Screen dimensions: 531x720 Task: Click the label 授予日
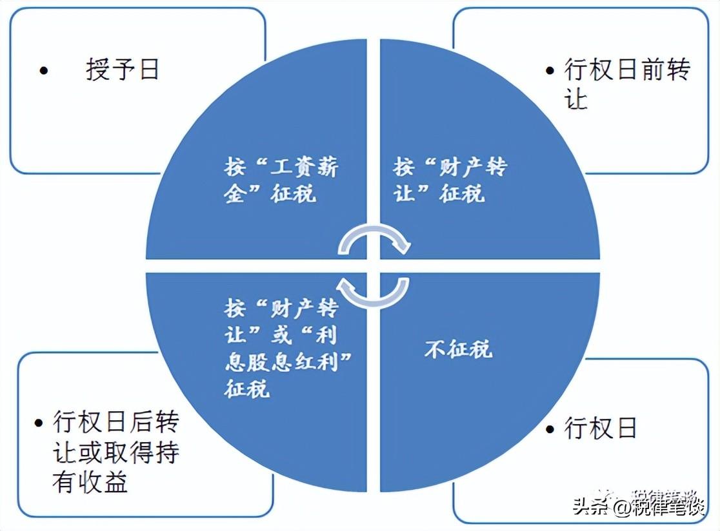pyautogui.click(x=123, y=69)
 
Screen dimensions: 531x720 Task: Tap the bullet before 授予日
pyautogui.click(x=44, y=70)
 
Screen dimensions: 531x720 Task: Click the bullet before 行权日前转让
pyautogui.click(x=550, y=70)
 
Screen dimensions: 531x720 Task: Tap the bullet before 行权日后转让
pyautogui.click(x=40, y=424)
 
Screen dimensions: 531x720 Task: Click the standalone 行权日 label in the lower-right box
pyautogui.click(x=601, y=428)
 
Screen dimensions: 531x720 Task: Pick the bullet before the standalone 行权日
pyautogui.click(x=550, y=429)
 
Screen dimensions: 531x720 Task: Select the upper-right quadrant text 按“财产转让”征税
pyautogui.click(x=450, y=180)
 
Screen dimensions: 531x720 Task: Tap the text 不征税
pyautogui.click(x=458, y=349)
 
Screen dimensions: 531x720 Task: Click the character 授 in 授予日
pyautogui.click(x=97, y=69)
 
